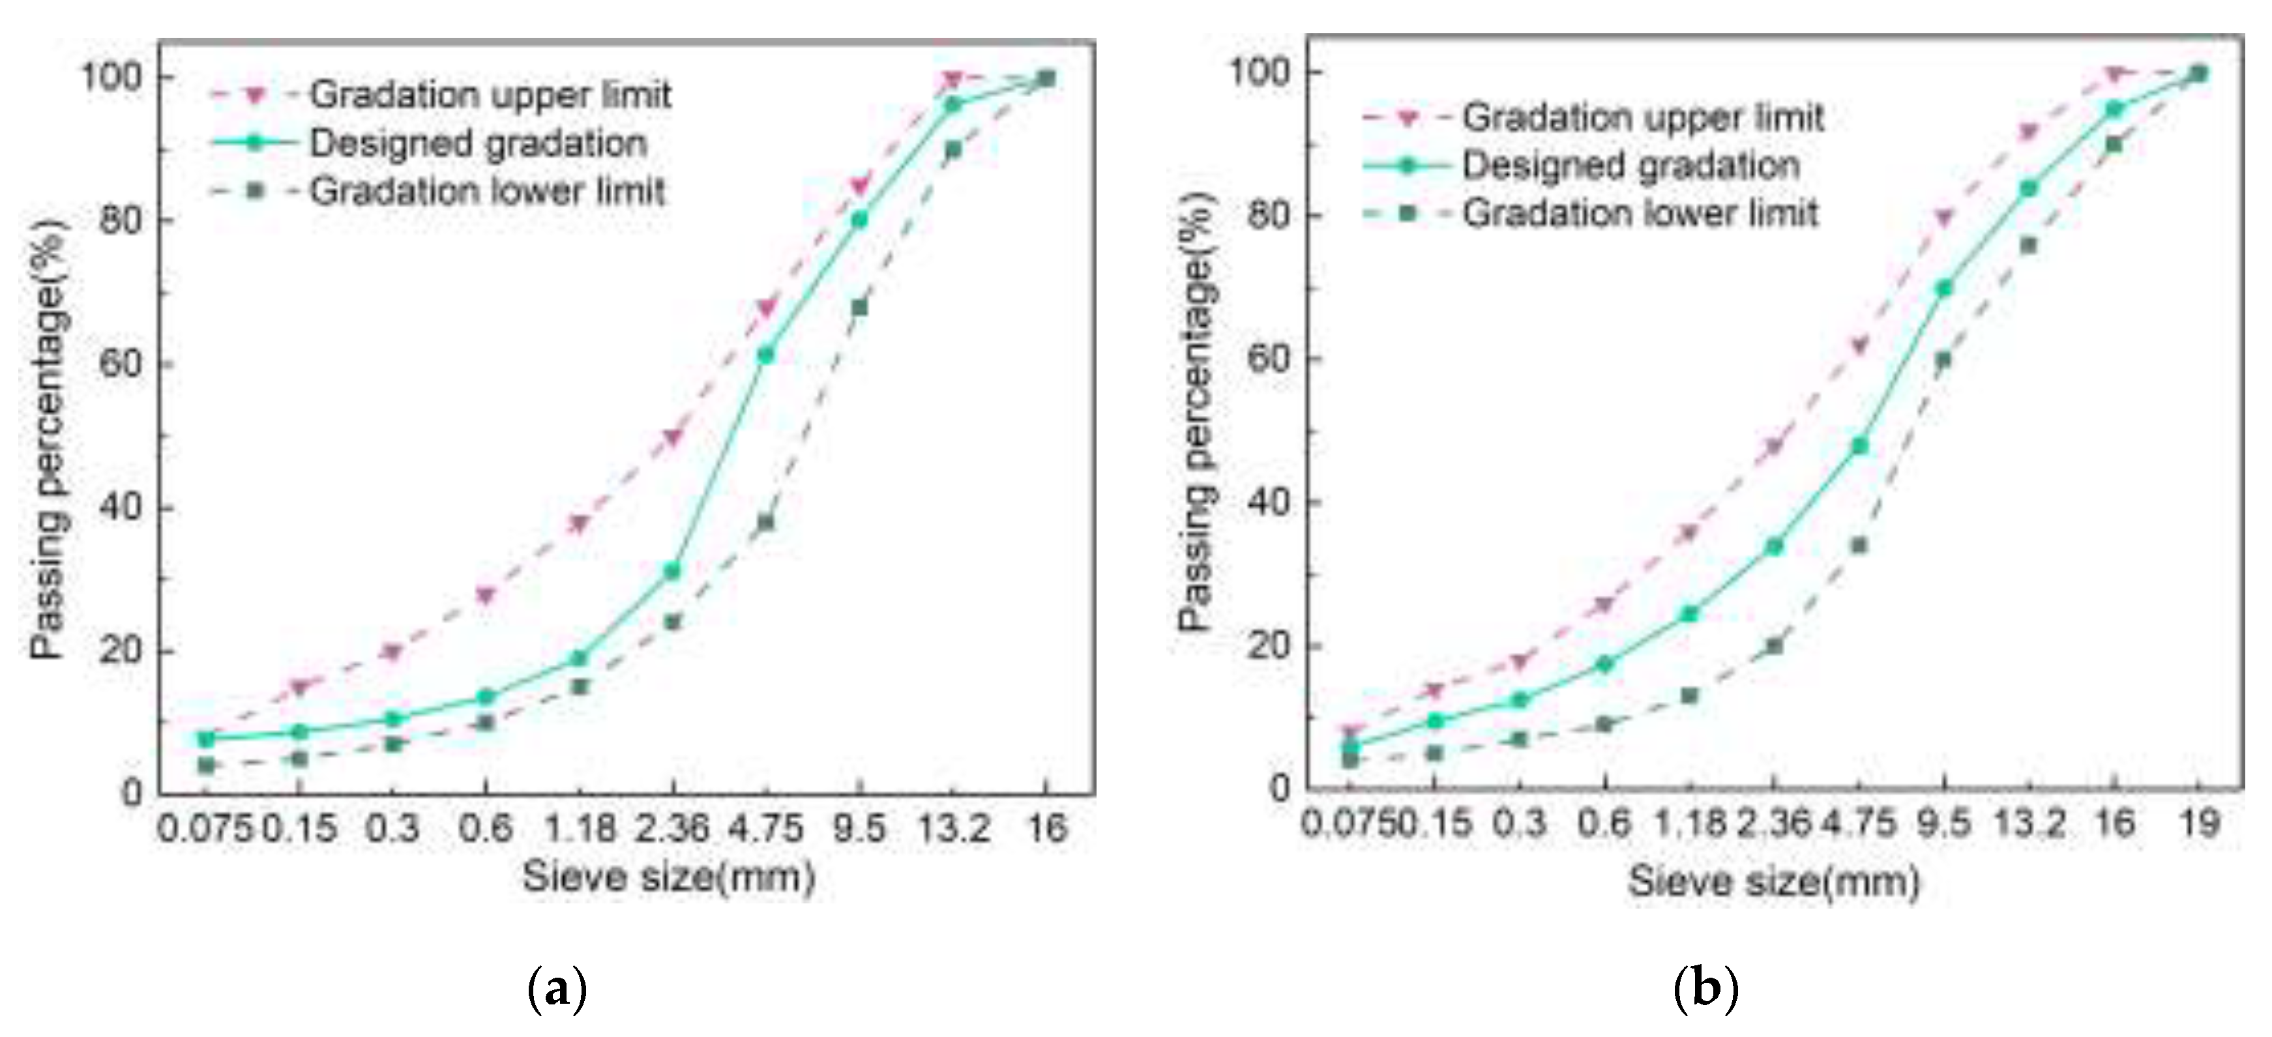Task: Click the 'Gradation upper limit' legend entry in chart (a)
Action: pos(490,95)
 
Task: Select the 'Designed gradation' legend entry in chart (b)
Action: pos(1630,166)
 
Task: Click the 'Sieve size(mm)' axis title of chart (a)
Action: pos(668,877)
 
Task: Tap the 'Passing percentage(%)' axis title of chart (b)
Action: pos(1197,410)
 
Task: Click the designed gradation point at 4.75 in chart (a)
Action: pos(765,355)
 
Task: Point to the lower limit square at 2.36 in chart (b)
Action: pos(1775,645)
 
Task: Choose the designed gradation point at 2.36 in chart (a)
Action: pos(672,572)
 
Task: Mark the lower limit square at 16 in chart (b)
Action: pos(2113,144)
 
